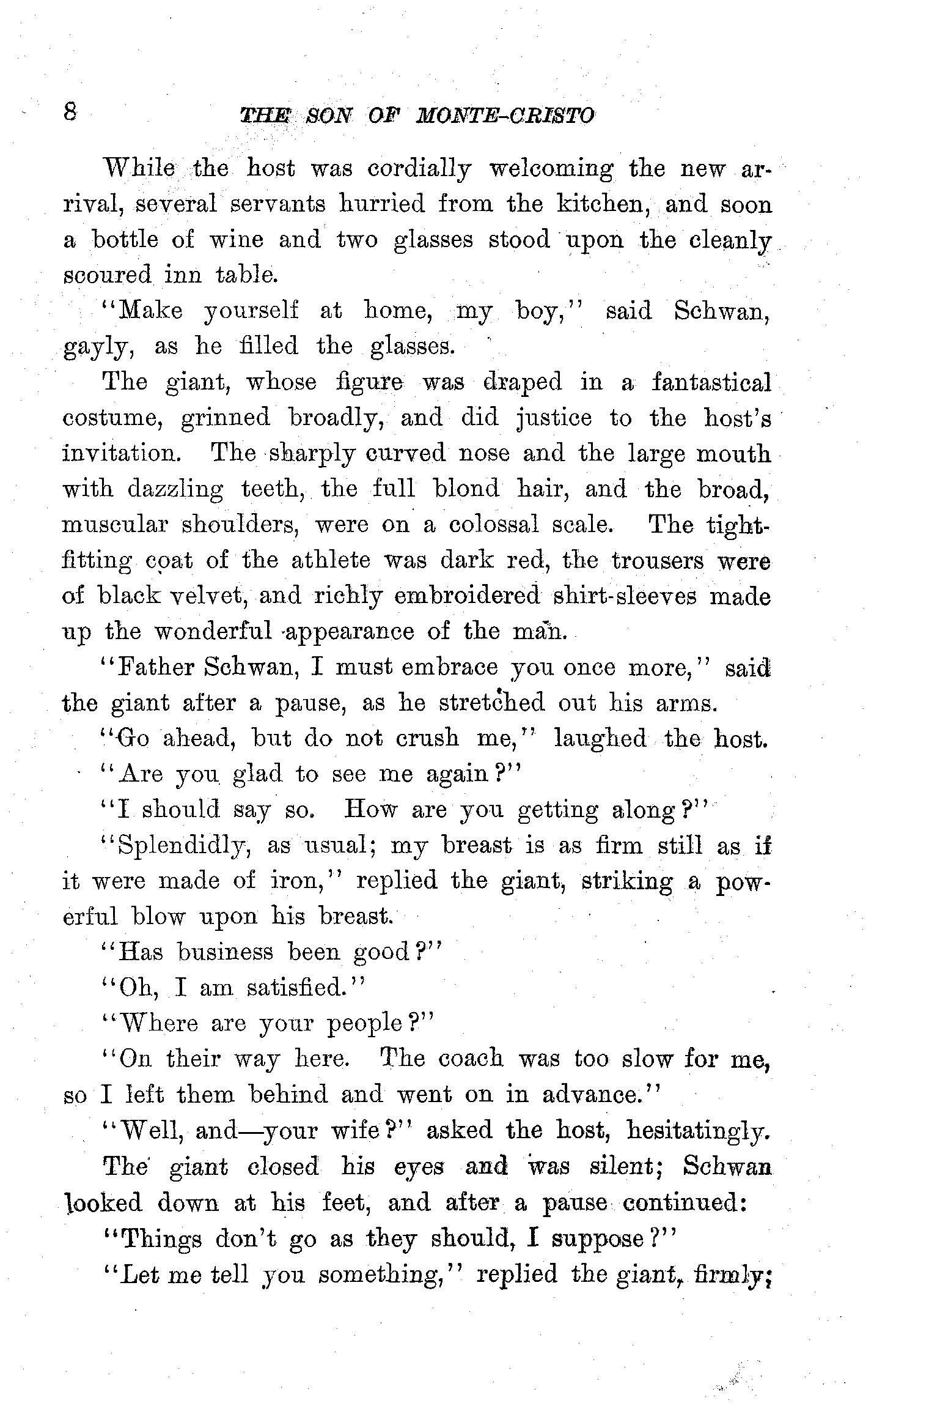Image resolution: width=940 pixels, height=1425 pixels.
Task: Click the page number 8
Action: click(70, 112)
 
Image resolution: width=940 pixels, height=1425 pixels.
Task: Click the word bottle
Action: click(125, 239)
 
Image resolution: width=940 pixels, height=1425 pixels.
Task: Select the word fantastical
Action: click(711, 382)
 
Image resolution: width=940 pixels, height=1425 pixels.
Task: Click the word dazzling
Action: click(175, 489)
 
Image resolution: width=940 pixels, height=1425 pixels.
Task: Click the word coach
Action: click(472, 1059)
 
